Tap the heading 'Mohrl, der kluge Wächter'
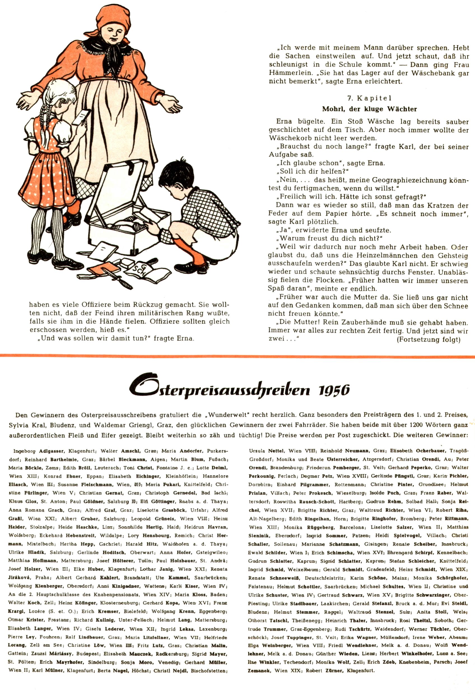369,109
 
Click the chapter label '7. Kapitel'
369,98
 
